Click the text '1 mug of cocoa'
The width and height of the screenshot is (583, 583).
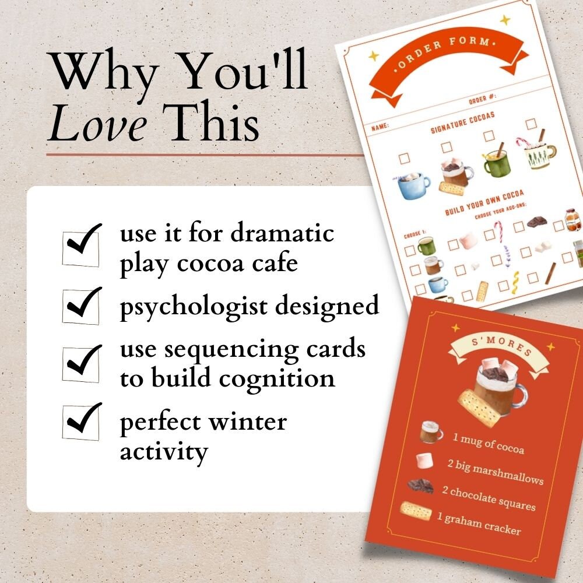(488, 442)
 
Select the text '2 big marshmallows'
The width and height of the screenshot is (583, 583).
(495, 471)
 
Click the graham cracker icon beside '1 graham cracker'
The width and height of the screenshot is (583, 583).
(416, 511)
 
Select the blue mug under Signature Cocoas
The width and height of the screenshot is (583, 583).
(413, 185)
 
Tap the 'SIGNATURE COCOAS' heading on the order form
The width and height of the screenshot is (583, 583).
(462, 122)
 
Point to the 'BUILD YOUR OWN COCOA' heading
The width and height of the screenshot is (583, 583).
(484, 202)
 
